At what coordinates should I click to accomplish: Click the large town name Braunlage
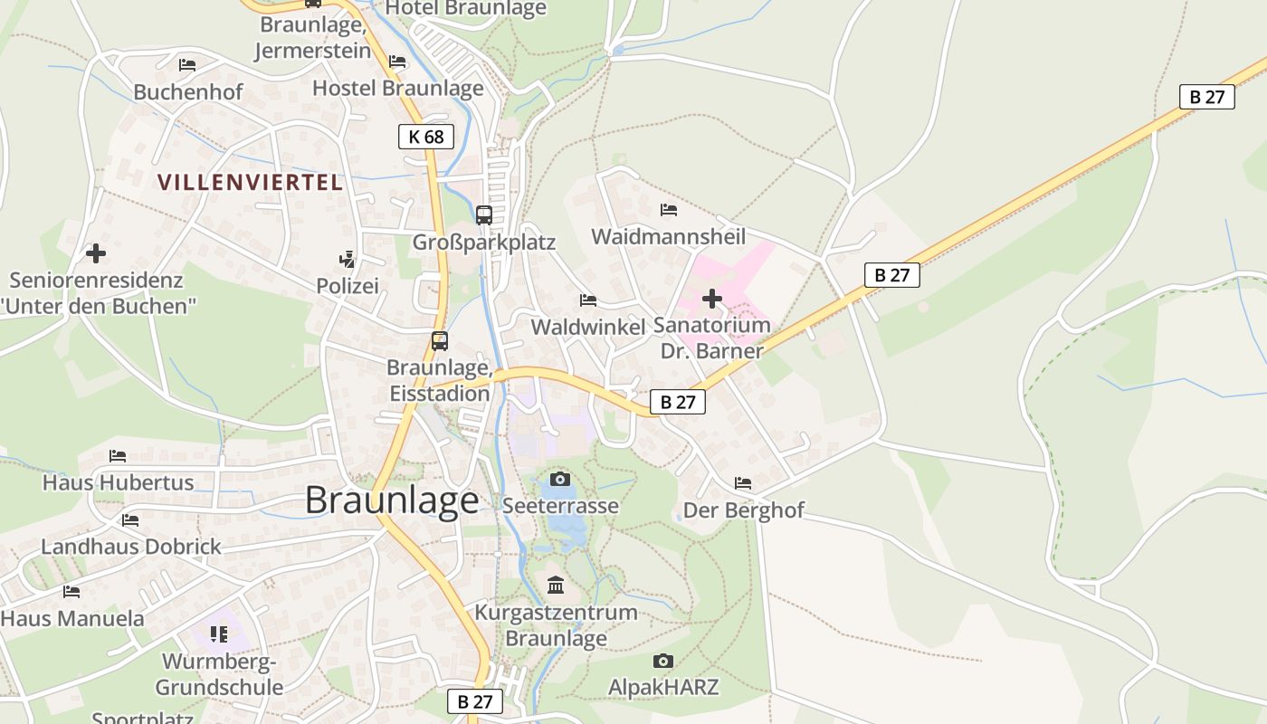pyautogui.click(x=391, y=500)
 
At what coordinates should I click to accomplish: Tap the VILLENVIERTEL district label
pyautogui.click(x=250, y=182)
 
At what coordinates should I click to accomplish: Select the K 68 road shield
pyautogui.click(x=425, y=137)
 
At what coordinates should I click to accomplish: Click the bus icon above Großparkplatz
pyautogui.click(x=484, y=215)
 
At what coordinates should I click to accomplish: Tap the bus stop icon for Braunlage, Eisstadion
pyautogui.click(x=440, y=341)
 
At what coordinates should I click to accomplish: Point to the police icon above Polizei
pyautogui.click(x=347, y=260)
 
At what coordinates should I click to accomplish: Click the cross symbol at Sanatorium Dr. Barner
pyautogui.click(x=712, y=298)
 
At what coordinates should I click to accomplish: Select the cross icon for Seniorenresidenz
pyautogui.click(x=96, y=253)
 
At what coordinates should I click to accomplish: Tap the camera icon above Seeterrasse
pyautogui.click(x=560, y=479)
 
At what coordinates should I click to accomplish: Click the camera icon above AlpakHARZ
pyautogui.click(x=663, y=661)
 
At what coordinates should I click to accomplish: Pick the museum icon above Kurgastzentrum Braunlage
pyautogui.click(x=556, y=586)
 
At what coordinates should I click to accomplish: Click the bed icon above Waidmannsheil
pyautogui.click(x=669, y=210)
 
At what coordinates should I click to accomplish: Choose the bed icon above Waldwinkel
pyautogui.click(x=588, y=300)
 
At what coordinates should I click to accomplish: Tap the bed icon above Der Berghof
pyautogui.click(x=743, y=483)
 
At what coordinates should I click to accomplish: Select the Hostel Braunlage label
pyautogui.click(x=398, y=88)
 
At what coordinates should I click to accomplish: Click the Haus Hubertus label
pyautogui.click(x=118, y=482)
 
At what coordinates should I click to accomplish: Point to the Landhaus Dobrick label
pyautogui.click(x=131, y=547)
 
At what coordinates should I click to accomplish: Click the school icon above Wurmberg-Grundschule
pyautogui.click(x=218, y=634)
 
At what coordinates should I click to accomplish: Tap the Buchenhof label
pyautogui.click(x=188, y=92)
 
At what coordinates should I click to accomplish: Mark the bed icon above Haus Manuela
pyautogui.click(x=71, y=592)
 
